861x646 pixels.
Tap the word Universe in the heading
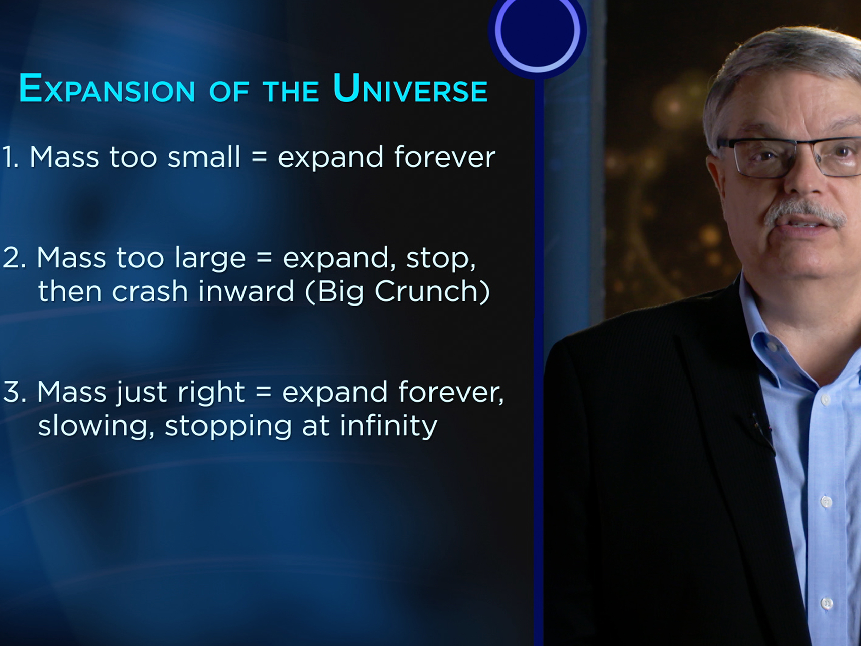(410, 89)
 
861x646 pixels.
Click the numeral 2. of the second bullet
(14, 258)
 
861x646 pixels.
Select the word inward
(246, 292)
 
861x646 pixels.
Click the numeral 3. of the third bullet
(14, 392)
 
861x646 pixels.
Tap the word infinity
(388, 426)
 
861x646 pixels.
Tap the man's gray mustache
(804, 212)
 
